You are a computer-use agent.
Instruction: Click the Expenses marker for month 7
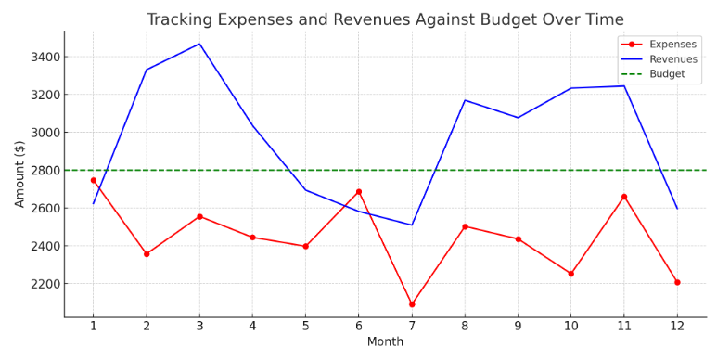412,304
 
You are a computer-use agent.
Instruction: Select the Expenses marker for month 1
93,180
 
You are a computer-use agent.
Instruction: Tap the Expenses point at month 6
359,192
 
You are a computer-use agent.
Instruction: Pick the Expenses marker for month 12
677,282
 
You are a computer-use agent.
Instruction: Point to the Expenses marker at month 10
570,274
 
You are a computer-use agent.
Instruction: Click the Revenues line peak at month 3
199,44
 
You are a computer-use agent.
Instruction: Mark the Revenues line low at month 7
412,225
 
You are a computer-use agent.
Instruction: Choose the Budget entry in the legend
667,73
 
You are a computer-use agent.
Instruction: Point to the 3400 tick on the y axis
45,57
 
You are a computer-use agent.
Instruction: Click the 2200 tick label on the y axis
45,284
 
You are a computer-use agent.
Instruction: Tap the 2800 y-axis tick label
45,171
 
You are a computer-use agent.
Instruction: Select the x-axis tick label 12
677,327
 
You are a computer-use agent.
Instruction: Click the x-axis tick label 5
305,327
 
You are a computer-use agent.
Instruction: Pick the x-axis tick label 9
518,327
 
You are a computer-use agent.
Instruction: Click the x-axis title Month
385,342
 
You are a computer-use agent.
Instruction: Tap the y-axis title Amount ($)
19,174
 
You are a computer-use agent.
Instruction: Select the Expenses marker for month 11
624,197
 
